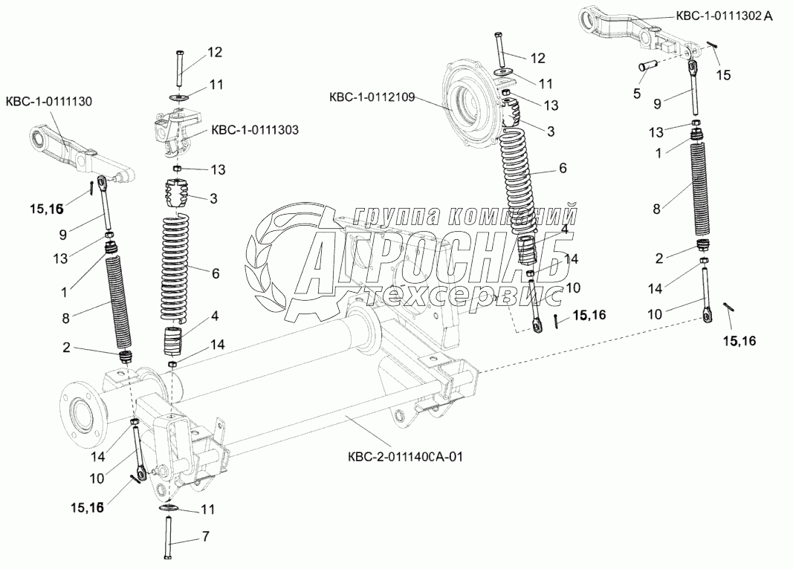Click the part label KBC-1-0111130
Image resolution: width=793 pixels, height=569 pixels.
coord(49,101)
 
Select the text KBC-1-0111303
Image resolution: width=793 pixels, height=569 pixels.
coord(255,130)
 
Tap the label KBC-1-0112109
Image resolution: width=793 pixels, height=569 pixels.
coord(371,97)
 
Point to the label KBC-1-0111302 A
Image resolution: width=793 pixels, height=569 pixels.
coord(724,16)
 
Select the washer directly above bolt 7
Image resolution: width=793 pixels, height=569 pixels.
coord(168,508)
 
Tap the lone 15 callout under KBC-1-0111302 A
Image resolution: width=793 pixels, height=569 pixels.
coord(723,74)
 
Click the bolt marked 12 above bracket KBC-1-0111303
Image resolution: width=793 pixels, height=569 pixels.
coord(181,68)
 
